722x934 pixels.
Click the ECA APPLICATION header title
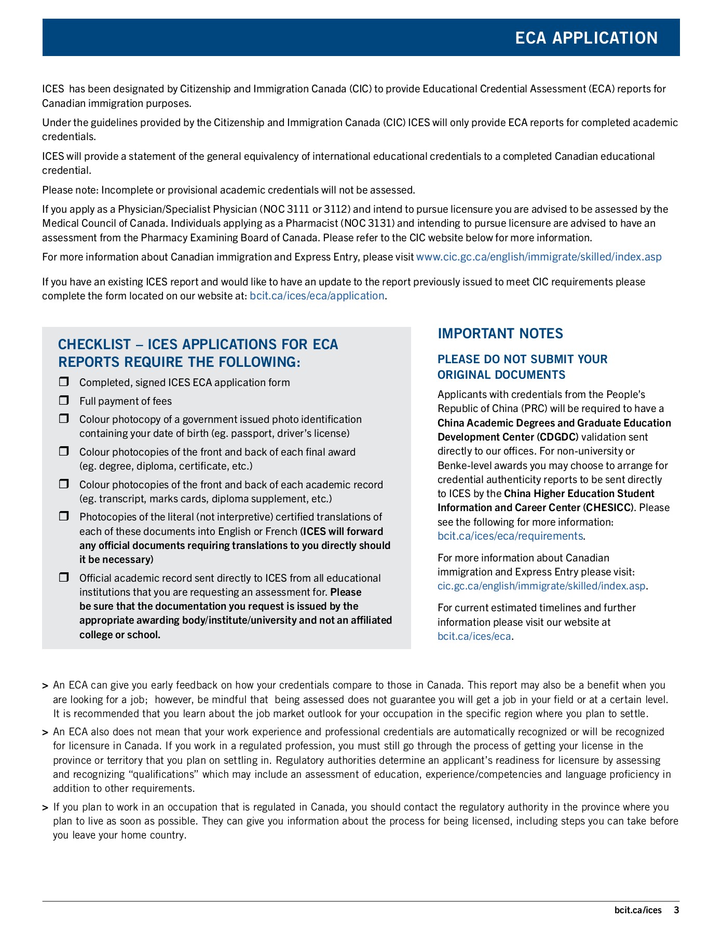[586, 38]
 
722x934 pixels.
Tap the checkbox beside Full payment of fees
[64, 401]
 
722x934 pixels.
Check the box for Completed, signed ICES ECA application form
[64, 382]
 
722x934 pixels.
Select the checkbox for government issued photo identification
[64, 419]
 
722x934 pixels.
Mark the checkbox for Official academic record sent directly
[64, 578]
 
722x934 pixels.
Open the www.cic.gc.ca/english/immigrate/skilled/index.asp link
[539, 257]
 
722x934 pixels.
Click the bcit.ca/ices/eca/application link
[317, 296]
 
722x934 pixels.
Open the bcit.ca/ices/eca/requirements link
[510, 536]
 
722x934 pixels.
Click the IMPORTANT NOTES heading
[500, 334]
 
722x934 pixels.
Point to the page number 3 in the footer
[676, 910]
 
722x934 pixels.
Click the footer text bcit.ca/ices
[638, 910]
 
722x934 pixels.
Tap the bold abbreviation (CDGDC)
[557, 437]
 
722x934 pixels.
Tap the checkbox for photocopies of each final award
[64, 451]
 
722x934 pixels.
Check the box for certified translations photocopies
[64, 516]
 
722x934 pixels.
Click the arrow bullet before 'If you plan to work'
[45, 808]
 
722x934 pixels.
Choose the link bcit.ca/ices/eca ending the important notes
[474, 636]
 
